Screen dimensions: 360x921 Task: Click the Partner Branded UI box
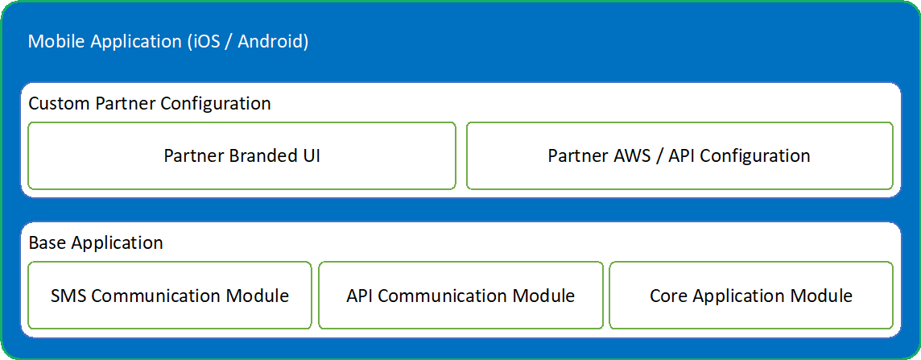pos(242,155)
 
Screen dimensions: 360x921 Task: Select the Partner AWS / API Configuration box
pos(679,155)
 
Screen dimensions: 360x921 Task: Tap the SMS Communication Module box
pos(169,296)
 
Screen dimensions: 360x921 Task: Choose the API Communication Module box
pos(460,296)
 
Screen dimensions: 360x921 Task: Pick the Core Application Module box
pos(750,296)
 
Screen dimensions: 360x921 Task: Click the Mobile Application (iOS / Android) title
pos(168,41)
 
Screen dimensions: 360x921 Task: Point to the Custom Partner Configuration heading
pos(150,104)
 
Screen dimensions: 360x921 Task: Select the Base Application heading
pos(96,242)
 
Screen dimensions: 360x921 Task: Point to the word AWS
pos(631,155)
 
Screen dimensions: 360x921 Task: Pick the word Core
pos(668,296)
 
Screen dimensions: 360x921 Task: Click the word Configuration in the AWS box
pos(754,155)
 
